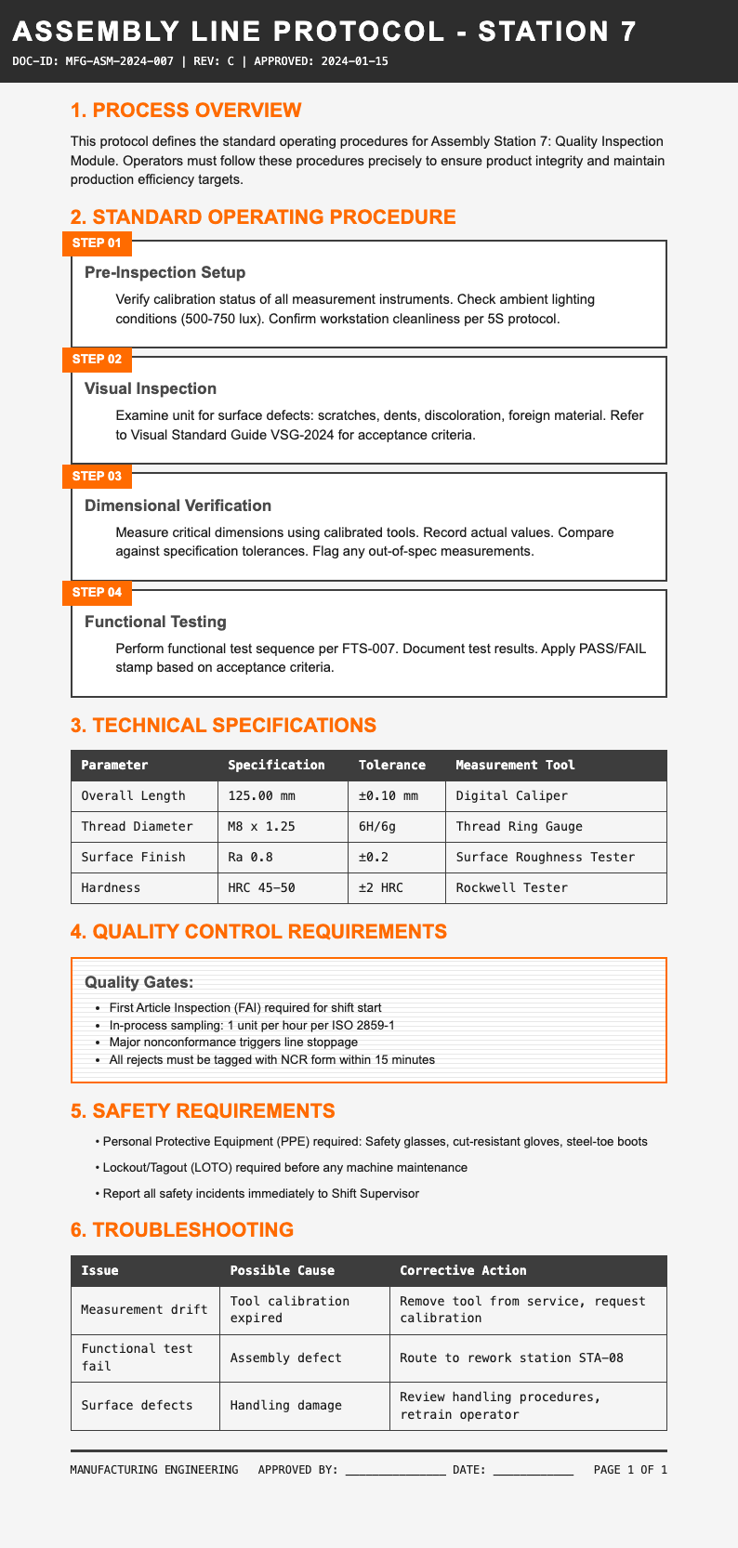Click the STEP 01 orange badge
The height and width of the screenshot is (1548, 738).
101,243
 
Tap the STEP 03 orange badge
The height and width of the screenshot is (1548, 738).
101,476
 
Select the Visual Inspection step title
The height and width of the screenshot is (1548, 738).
150,388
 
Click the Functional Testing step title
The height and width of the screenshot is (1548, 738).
154,621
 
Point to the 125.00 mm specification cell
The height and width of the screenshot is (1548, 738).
262,795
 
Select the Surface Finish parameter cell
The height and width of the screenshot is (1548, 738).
133,857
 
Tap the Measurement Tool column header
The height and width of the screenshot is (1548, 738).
515,765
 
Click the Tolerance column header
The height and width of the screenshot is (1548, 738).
391,765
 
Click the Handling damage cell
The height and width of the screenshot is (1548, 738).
286,1405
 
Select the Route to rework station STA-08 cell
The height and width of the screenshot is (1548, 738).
511,1358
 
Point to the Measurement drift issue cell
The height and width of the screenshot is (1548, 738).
144,1309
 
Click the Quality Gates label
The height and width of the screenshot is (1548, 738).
138,982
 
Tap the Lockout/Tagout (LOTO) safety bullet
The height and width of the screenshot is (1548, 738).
284,1167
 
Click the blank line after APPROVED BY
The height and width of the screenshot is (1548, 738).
395,1470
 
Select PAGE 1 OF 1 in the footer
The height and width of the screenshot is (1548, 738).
629,1470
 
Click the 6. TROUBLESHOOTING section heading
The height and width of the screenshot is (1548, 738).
181,1229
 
